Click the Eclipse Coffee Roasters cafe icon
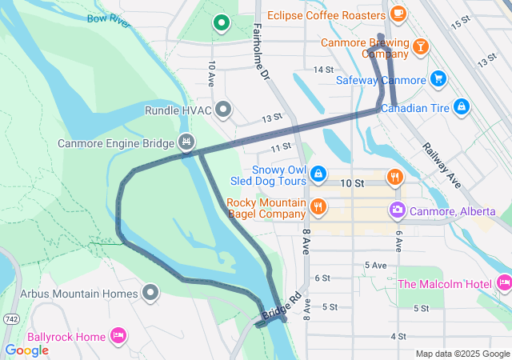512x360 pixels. click(398, 14)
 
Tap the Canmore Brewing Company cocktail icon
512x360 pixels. click(420, 48)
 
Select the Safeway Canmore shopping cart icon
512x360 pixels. click(438, 78)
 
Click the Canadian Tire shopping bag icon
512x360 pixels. click(461, 106)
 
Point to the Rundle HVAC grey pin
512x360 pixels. click(223, 109)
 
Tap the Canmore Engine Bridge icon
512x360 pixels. click(186, 142)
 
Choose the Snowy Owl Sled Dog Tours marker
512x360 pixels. click(318, 174)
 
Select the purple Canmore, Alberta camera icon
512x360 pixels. click(397, 210)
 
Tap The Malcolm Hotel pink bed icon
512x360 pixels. click(504, 282)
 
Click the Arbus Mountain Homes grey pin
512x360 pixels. click(150, 293)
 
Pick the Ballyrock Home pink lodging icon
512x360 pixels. click(118, 335)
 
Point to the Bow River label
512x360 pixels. click(108, 20)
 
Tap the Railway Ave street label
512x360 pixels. click(441, 164)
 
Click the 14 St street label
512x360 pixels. click(323, 70)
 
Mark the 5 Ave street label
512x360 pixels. click(375, 265)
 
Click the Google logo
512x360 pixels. click(26, 350)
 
